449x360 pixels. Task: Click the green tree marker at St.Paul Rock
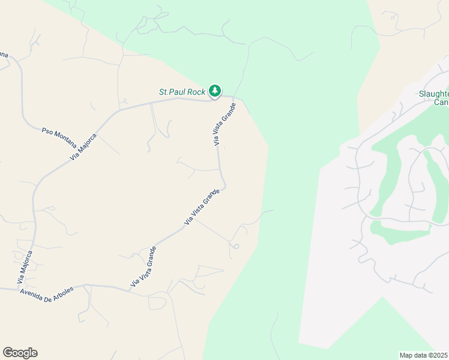(x=215, y=91)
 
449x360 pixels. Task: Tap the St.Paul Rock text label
(x=182, y=92)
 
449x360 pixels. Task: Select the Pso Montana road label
(x=59, y=137)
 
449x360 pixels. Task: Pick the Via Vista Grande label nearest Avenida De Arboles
(x=143, y=266)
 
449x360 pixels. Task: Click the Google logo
(x=20, y=353)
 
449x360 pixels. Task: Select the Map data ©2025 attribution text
(x=424, y=355)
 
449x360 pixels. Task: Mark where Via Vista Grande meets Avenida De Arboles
(x=130, y=290)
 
